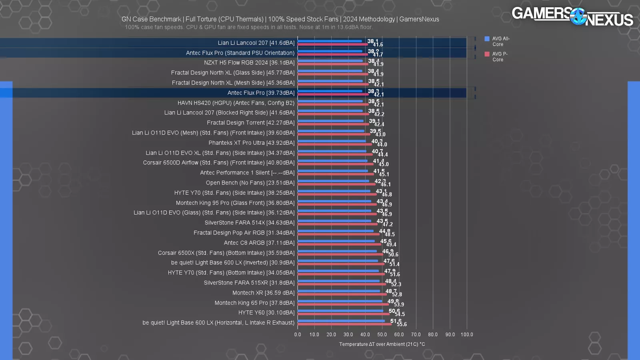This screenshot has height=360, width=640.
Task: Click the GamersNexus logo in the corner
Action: click(572, 16)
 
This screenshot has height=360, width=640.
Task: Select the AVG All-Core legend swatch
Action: click(487, 39)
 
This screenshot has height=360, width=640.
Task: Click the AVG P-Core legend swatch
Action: click(487, 54)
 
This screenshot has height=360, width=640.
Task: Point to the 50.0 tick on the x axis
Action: click(382, 334)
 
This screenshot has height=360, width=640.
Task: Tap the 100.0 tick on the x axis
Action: click(467, 334)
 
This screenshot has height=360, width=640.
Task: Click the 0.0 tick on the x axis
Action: click(298, 334)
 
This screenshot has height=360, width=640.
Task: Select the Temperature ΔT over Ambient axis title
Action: click(382, 344)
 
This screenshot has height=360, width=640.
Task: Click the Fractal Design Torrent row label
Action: click(250, 123)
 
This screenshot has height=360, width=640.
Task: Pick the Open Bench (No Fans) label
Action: click(250, 183)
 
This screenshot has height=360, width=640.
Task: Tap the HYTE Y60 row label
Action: click(266, 313)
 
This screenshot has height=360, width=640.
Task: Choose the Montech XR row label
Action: click(263, 293)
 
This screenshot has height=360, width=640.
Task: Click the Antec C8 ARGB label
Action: click(259, 243)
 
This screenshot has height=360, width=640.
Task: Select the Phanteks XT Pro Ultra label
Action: click(251, 143)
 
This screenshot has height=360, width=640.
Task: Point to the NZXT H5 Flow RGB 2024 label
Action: click(249, 63)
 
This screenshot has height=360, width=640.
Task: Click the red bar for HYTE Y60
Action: click(343, 314)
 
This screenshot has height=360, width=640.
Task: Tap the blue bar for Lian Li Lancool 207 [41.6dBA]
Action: click(330, 41)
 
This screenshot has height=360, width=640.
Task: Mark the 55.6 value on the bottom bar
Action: click(402, 324)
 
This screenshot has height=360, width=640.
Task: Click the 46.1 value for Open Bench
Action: click(386, 184)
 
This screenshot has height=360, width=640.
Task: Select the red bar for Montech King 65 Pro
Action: click(343, 304)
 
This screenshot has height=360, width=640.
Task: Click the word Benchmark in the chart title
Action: click(163, 19)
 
